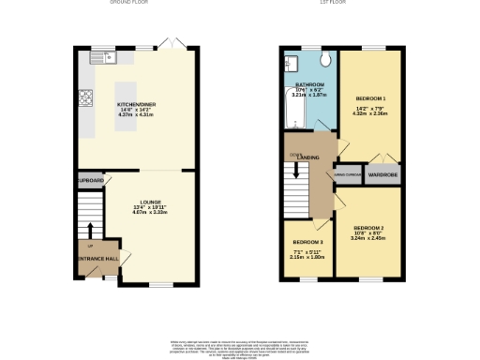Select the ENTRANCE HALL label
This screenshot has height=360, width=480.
pyautogui.click(x=97, y=258)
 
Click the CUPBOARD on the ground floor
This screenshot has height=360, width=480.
pyautogui.click(x=90, y=179)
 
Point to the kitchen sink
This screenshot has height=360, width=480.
pyautogui.click(x=100, y=58)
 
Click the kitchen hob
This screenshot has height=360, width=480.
pyautogui.click(x=85, y=97)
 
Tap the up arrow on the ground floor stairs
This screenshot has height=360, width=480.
pyautogui.click(x=91, y=231)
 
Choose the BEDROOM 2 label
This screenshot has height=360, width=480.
pyautogui.click(x=368, y=228)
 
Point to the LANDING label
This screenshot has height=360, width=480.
pyautogui.click(x=307, y=157)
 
